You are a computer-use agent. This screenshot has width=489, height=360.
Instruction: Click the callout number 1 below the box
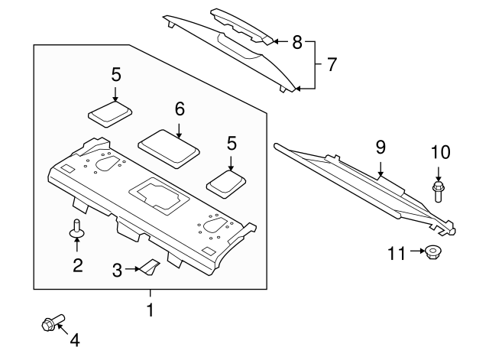pos(151,310)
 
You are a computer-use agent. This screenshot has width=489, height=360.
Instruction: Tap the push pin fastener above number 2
pos(76,229)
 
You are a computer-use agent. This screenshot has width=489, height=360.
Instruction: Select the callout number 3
pos(117,270)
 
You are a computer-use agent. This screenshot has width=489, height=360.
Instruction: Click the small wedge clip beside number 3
pos(150,267)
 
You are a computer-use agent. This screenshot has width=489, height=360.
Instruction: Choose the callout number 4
pos(75,340)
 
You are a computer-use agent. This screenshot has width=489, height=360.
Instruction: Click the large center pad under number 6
pos(169,149)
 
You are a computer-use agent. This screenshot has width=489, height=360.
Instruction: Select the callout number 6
pos(180,109)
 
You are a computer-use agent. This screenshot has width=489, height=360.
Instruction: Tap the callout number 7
pos(331,64)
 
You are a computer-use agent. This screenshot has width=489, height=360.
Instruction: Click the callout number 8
pos(297,42)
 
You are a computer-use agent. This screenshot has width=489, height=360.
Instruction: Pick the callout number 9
pos(381,148)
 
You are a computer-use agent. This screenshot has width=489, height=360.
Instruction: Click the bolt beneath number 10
pos(438,193)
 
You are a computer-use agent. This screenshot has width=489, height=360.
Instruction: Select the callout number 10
pos(441,153)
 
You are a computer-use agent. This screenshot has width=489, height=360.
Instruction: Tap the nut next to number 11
pos(432,251)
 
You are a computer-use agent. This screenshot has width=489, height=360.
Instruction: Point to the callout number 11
pos(397,253)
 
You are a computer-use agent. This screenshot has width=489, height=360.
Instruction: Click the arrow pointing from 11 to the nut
pos(418,251)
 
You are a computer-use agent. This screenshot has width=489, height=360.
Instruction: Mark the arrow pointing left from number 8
pos(280,41)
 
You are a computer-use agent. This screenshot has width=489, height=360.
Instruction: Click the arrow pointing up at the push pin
pos(76,244)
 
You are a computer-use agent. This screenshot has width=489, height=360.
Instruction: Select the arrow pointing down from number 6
pos(179,131)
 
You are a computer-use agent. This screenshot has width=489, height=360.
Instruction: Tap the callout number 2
pos(78,265)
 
